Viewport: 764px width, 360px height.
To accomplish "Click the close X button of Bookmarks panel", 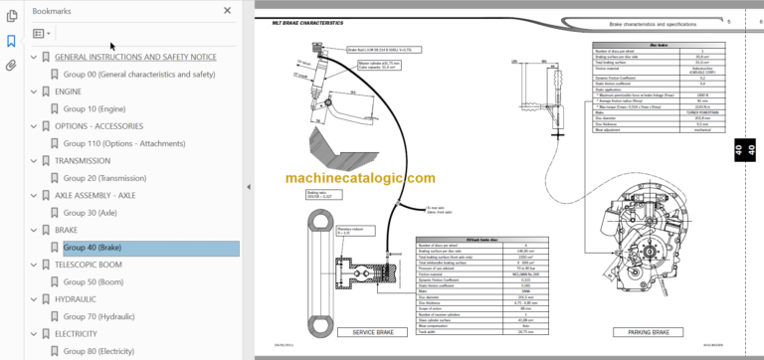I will click(227, 10).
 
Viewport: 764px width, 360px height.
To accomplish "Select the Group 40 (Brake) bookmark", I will click(93, 248).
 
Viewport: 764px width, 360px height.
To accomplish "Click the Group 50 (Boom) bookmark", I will click(92, 282).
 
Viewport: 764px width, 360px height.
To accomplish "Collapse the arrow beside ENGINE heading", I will click(33, 90).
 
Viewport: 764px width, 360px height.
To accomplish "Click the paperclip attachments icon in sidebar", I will click(11, 66).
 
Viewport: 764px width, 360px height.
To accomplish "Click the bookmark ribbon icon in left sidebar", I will click(11, 41).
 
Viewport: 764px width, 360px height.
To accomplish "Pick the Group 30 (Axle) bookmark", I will click(88, 213).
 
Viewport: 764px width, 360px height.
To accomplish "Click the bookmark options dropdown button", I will click(41, 33).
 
